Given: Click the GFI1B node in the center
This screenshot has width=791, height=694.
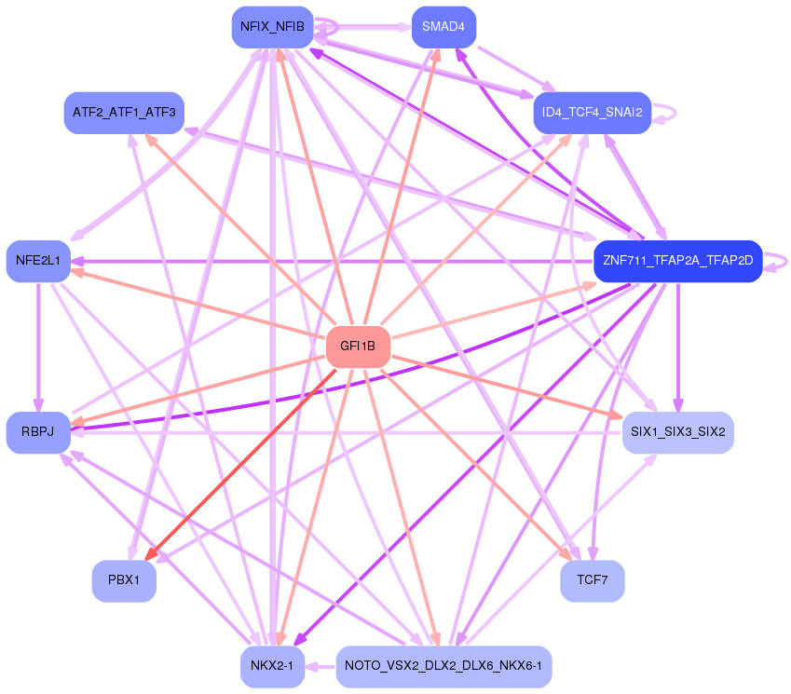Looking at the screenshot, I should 358,347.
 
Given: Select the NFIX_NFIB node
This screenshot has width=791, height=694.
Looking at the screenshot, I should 271,27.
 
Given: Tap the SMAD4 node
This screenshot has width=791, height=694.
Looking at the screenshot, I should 443,27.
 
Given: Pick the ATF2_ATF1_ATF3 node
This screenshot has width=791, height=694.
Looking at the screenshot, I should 124,113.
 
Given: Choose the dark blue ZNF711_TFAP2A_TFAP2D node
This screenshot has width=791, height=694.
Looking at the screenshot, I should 677,260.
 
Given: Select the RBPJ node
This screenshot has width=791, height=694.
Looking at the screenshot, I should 37,432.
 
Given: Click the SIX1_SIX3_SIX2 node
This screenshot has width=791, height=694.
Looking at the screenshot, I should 677,432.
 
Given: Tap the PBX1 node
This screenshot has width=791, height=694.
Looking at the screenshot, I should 124,579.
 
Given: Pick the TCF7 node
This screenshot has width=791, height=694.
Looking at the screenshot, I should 592,579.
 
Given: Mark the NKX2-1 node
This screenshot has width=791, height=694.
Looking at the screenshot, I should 271,666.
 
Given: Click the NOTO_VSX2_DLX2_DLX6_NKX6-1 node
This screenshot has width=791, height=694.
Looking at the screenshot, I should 443,666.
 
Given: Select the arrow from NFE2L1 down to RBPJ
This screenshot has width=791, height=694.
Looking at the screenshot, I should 38,345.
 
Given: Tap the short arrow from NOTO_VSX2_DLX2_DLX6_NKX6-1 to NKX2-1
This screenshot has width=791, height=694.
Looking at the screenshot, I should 320,666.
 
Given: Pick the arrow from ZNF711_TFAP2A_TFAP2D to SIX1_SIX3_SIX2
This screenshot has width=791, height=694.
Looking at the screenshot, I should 677,345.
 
